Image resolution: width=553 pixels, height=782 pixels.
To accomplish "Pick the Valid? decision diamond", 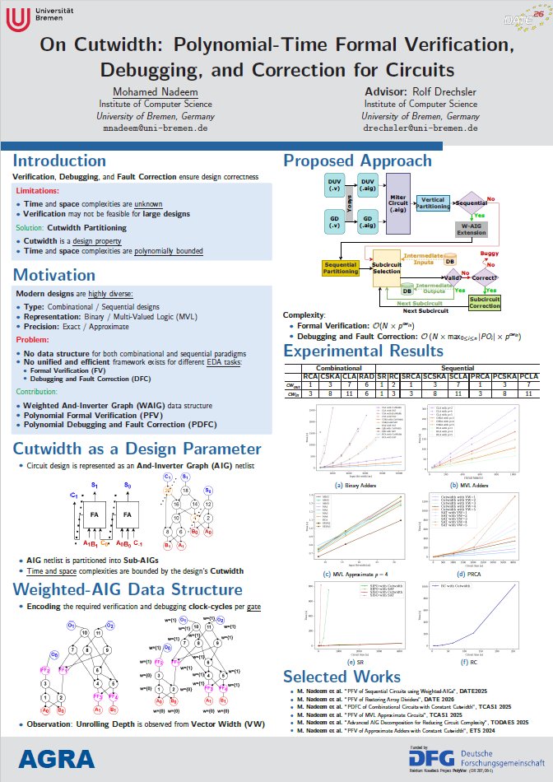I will click(x=454, y=278).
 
